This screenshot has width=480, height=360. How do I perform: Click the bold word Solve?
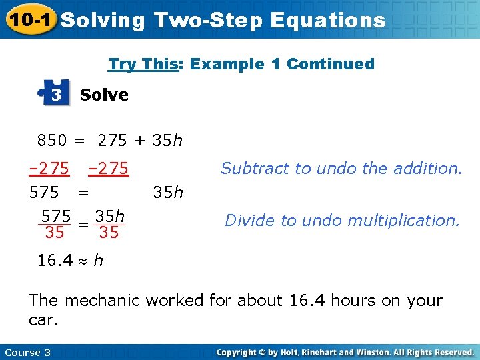(x=104, y=95)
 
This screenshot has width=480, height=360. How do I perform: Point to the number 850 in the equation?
(x=52, y=141)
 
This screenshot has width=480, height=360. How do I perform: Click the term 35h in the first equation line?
(x=167, y=141)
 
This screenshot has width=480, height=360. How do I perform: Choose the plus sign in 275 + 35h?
(x=141, y=141)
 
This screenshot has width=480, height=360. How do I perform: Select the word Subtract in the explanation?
(x=254, y=169)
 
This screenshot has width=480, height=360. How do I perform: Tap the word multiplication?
(x=407, y=221)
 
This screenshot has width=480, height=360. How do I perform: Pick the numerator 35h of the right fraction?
(x=110, y=217)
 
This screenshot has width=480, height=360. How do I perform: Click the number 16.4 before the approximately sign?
(x=55, y=260)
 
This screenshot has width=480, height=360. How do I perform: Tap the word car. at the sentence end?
(x=44, y=320)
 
